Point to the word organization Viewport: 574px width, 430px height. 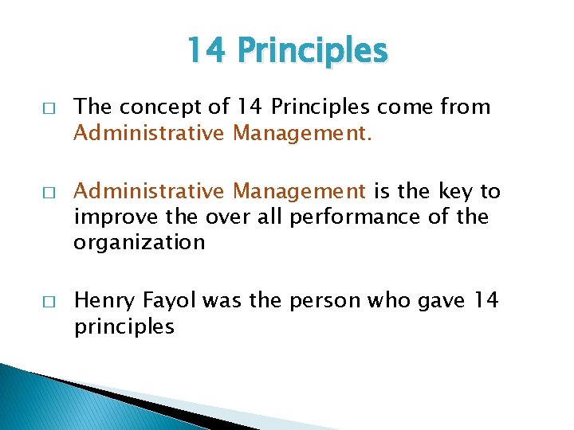click(x=139, y=242)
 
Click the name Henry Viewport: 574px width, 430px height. click(x=103, y=301)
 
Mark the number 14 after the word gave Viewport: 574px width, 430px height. click(x=486, y=301)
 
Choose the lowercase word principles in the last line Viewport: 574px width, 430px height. click(x=123, y=326)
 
